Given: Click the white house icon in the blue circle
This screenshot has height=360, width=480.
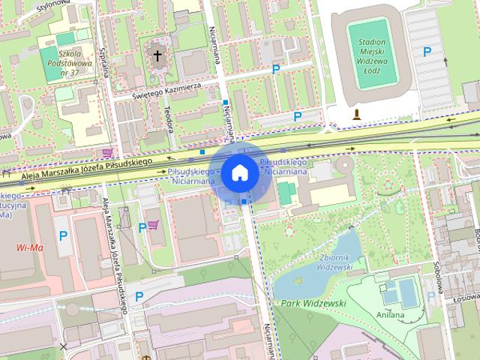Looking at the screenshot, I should tap(239, 173).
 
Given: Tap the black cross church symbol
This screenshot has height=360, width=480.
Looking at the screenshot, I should tap(157, 55).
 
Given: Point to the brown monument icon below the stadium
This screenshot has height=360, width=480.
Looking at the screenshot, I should tap(357, 114).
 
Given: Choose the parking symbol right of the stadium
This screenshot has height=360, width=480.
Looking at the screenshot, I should tap(427, 52).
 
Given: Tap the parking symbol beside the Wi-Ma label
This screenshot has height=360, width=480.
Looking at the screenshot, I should tap(63, 236).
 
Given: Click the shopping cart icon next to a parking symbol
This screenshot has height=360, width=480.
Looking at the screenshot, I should tap(154, 225).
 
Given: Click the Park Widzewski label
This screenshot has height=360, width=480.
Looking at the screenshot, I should tap(314, 303).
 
